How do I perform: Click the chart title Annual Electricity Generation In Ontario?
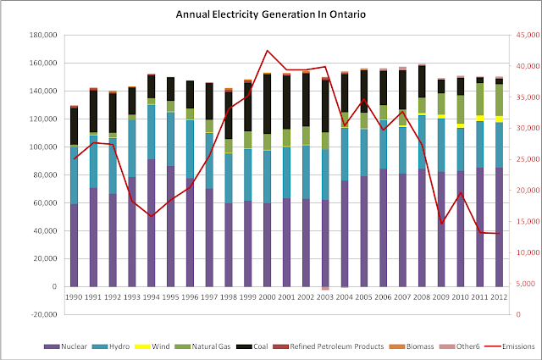coord(270,15)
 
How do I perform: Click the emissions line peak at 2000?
coord(267,51)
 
